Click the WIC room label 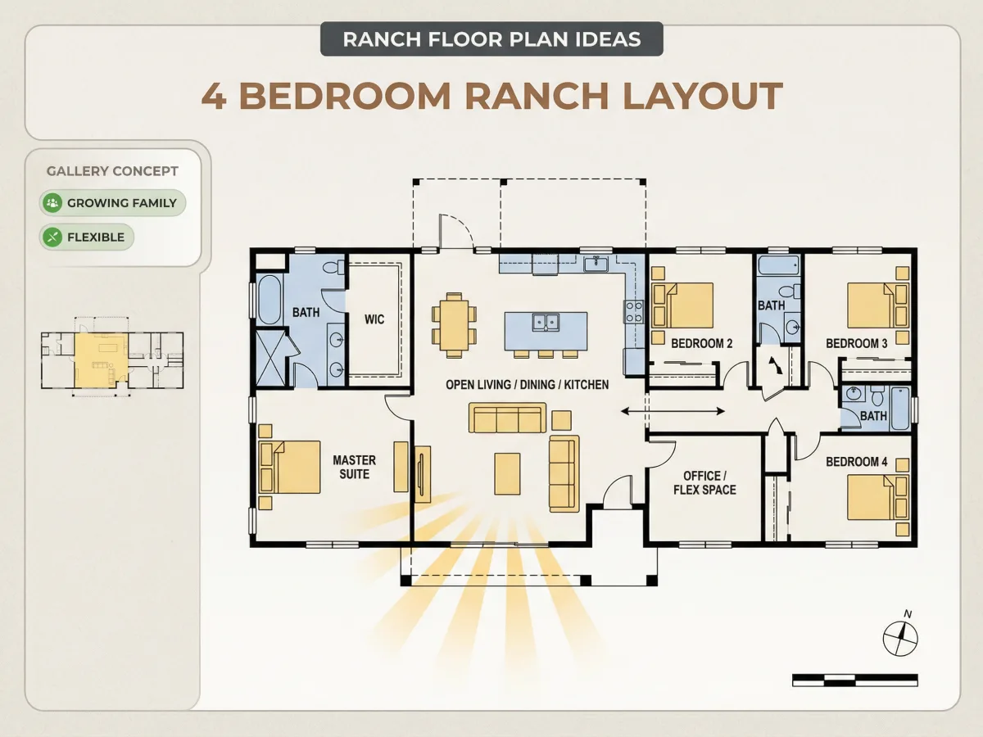[374, 319]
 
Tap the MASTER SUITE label [354, 467]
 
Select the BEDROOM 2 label [702, 343]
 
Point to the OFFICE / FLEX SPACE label [704, 483]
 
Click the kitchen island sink [546, 322]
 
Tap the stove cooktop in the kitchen [634, 311]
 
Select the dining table [454, 325]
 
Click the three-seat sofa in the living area [507, 418]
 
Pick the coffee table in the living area [507, 474]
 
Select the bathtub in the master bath [270, 300]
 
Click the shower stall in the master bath [271, 358]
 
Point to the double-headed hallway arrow [673, 411]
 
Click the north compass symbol [900, 635]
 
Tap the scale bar [855, 680]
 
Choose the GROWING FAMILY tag [112, 203]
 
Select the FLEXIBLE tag [87, 237]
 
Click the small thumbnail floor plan [112, 357]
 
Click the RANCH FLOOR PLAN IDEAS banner [491, 39]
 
